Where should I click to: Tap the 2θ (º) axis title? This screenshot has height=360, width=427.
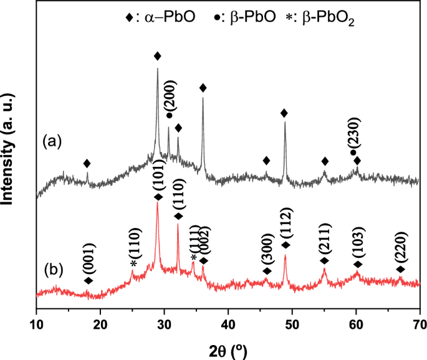228,349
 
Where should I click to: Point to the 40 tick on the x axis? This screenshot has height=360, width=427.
228,323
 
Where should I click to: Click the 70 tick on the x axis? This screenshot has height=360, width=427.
419,323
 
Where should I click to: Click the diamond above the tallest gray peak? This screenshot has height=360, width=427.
158,56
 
